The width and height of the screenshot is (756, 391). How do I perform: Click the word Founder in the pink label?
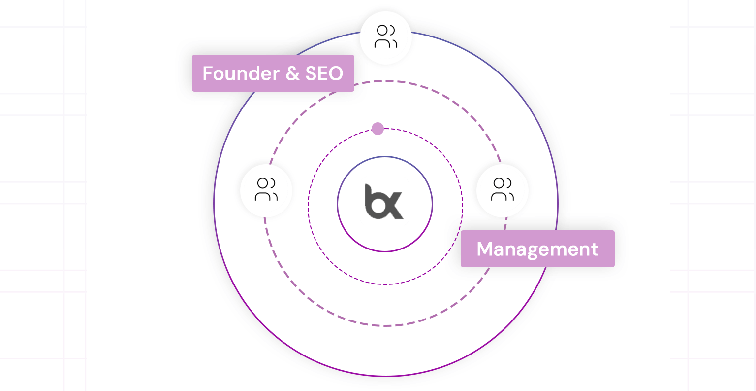pos(241,73)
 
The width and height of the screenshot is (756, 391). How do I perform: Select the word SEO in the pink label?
pos(324,73)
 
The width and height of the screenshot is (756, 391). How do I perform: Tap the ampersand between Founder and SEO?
pos(293,73)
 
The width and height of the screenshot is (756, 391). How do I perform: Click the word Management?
pos(537,249)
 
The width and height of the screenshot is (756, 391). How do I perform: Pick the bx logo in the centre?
pos(384,202)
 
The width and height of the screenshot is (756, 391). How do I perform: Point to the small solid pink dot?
pos(378,129)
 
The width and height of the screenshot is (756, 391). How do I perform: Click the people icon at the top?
pos(386,36)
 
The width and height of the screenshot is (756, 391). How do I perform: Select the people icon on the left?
pos(266,189)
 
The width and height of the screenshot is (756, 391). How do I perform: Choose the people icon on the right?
pos(503,189)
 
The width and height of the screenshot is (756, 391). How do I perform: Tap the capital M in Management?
pos(485,249)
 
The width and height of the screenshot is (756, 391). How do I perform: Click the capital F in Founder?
pos(208,73)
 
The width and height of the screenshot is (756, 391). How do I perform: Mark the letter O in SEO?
pos(336,73)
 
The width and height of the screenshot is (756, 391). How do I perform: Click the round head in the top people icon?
pos(382,30)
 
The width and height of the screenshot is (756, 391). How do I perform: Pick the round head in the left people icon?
pos(262,183)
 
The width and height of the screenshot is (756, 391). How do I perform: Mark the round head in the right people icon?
pos(499,183)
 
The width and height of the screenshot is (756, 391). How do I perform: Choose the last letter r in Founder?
pos(277,75)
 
